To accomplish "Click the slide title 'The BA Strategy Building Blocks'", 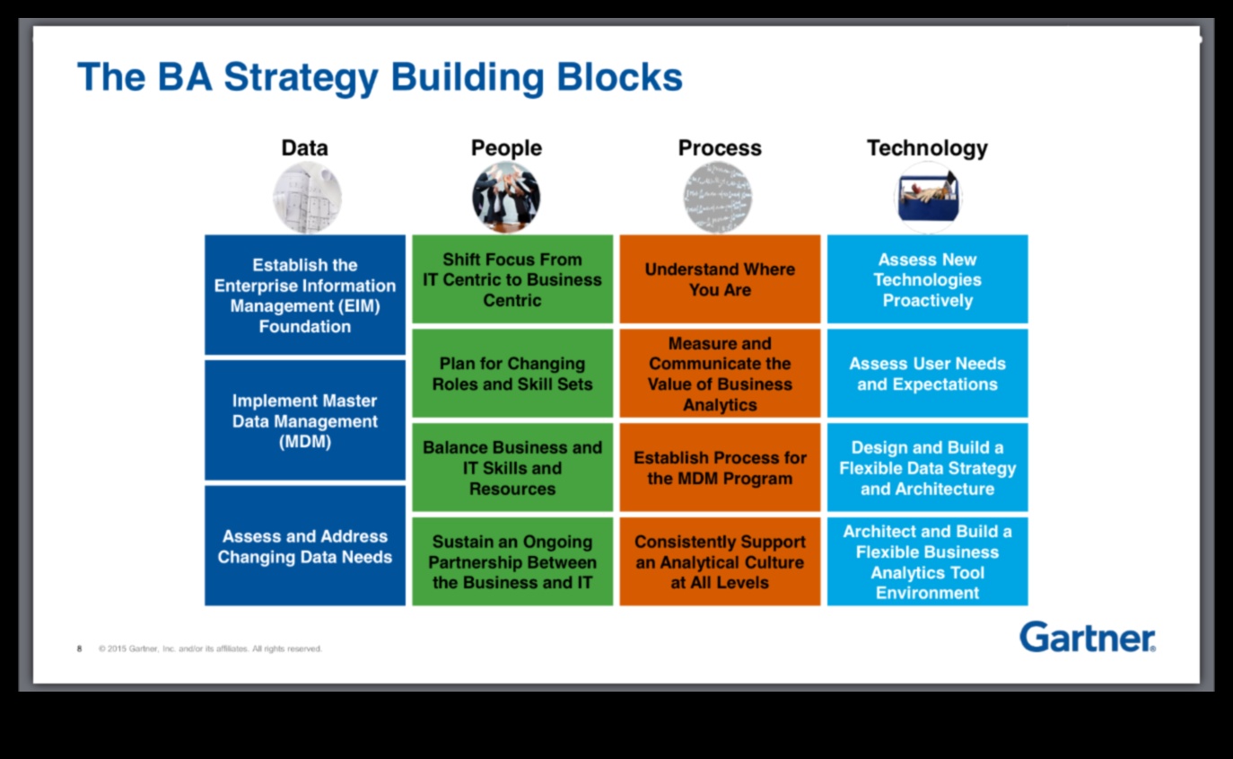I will (380, 77).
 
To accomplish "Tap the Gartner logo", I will (1087, 637).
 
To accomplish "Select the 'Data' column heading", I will (304, 148).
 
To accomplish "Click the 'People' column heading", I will (506, 148).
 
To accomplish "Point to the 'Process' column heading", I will (719, 148).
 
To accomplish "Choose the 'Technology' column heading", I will (926, 148).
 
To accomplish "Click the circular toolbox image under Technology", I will (927, 198).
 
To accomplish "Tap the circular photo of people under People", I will (506, 198).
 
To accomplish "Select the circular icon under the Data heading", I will (307, 198).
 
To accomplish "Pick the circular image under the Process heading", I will (718, 198).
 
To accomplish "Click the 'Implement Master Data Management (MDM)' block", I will (305, 420).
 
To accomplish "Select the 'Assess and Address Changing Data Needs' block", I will (305, 546).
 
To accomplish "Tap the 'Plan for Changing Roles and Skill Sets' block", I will (512, 374).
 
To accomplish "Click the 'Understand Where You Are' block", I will (720, 279).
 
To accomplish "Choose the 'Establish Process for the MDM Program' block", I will (720, 468).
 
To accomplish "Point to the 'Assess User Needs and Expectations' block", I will (927, 374).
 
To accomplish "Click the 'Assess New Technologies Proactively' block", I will (927, 279).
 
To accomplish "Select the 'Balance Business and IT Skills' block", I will (512, 468).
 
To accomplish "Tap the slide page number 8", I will (79, 649).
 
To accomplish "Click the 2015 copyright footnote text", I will (210, 649).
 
